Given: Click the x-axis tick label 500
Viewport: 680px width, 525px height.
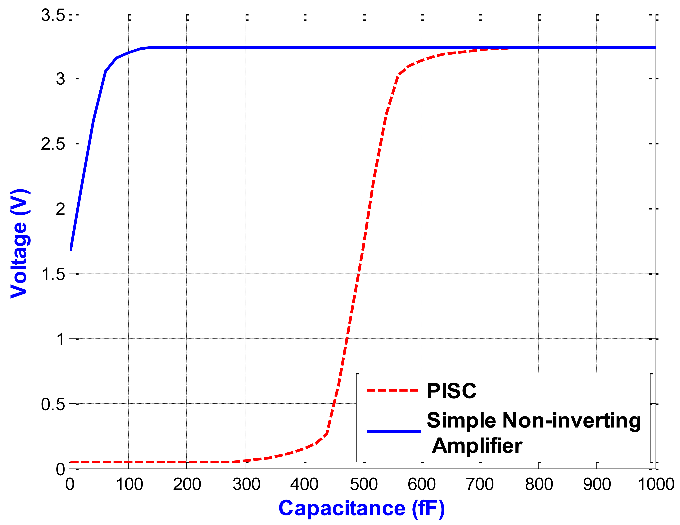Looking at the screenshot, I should point(363,485).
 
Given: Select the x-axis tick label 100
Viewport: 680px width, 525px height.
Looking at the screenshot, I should point(129,485).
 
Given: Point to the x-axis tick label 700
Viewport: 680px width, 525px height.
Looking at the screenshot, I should point(480,485).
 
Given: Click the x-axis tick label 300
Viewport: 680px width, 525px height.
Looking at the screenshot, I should point(246,485).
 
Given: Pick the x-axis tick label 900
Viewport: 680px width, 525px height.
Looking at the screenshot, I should point(597,485).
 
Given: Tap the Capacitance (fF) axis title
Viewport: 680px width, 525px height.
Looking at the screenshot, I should point(361,509).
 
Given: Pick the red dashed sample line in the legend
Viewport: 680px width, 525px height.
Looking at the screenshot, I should point(394,390).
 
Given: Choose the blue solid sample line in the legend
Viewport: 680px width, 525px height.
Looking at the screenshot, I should point(394,431).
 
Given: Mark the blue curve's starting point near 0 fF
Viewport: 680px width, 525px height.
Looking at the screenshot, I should point(71,249).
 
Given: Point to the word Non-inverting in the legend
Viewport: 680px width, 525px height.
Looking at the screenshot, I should point(572,420).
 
